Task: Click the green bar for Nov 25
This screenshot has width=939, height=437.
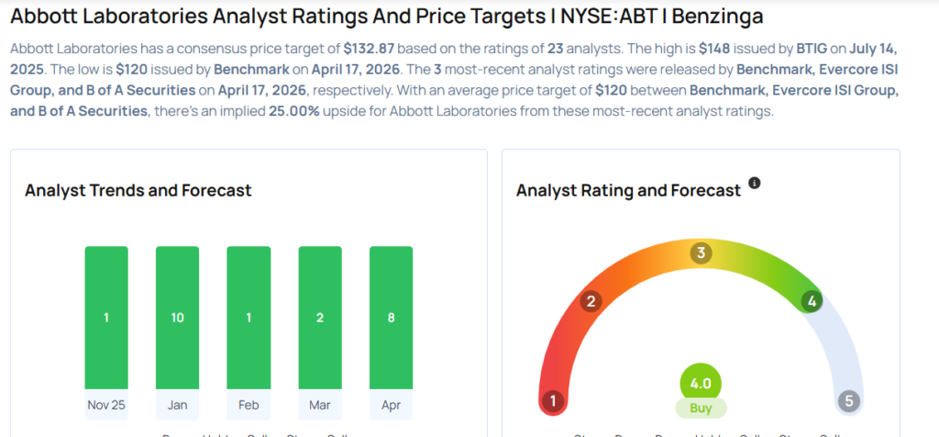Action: click(106, 317)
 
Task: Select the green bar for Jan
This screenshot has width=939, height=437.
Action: click(177, 317)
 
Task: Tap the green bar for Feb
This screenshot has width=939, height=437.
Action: click(249, 317)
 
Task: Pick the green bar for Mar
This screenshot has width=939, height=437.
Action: click(320, 317)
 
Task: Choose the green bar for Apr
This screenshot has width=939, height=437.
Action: click(391, 317)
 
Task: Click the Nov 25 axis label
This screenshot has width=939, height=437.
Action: click(106, 405)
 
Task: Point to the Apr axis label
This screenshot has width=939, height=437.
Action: click(391, 405)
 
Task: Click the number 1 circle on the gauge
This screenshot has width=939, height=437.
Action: click(552, 400)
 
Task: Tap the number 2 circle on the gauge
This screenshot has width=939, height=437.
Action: click(591, 301)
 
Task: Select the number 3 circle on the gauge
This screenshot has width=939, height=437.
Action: click(701, 253)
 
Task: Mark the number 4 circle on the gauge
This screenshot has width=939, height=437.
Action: click(811, 301)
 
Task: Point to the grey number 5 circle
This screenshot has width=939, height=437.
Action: click(849, 400)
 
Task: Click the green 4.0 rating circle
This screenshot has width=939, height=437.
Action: click(701, 382)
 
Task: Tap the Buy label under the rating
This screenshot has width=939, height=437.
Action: click(701, 408)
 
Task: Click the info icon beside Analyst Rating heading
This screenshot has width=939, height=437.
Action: click(755, 184)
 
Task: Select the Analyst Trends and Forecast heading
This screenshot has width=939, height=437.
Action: click(138, 191)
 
